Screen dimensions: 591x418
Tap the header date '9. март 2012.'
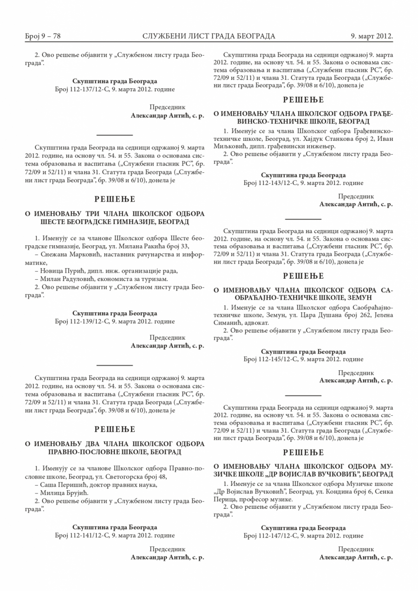372,36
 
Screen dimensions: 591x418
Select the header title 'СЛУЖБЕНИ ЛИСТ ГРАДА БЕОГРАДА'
209,36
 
